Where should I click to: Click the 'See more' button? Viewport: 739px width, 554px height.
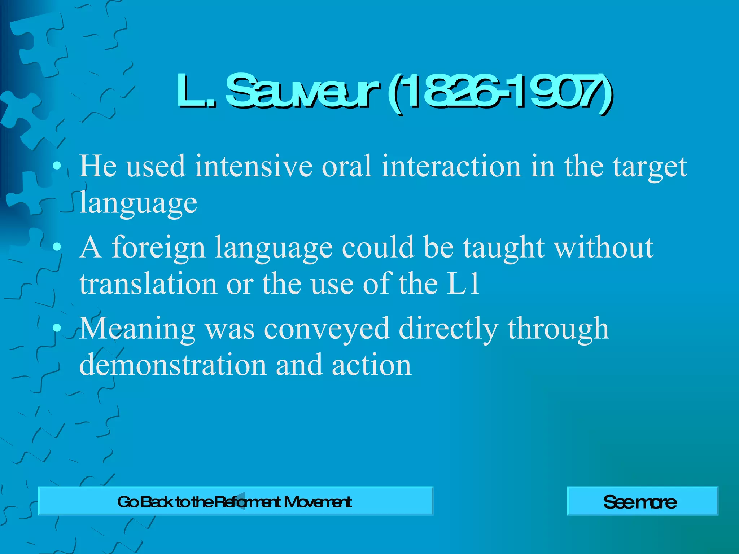point(642,501)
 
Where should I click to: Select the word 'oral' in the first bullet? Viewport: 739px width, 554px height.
point(347,167)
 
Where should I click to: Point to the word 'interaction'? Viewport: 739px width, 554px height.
point(451,167)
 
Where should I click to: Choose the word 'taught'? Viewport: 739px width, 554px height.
point(504,248)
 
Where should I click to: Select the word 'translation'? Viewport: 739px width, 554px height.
point(148,284)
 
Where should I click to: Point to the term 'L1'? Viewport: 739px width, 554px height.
point(463,284)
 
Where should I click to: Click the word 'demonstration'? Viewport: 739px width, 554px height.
point(173,365)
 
